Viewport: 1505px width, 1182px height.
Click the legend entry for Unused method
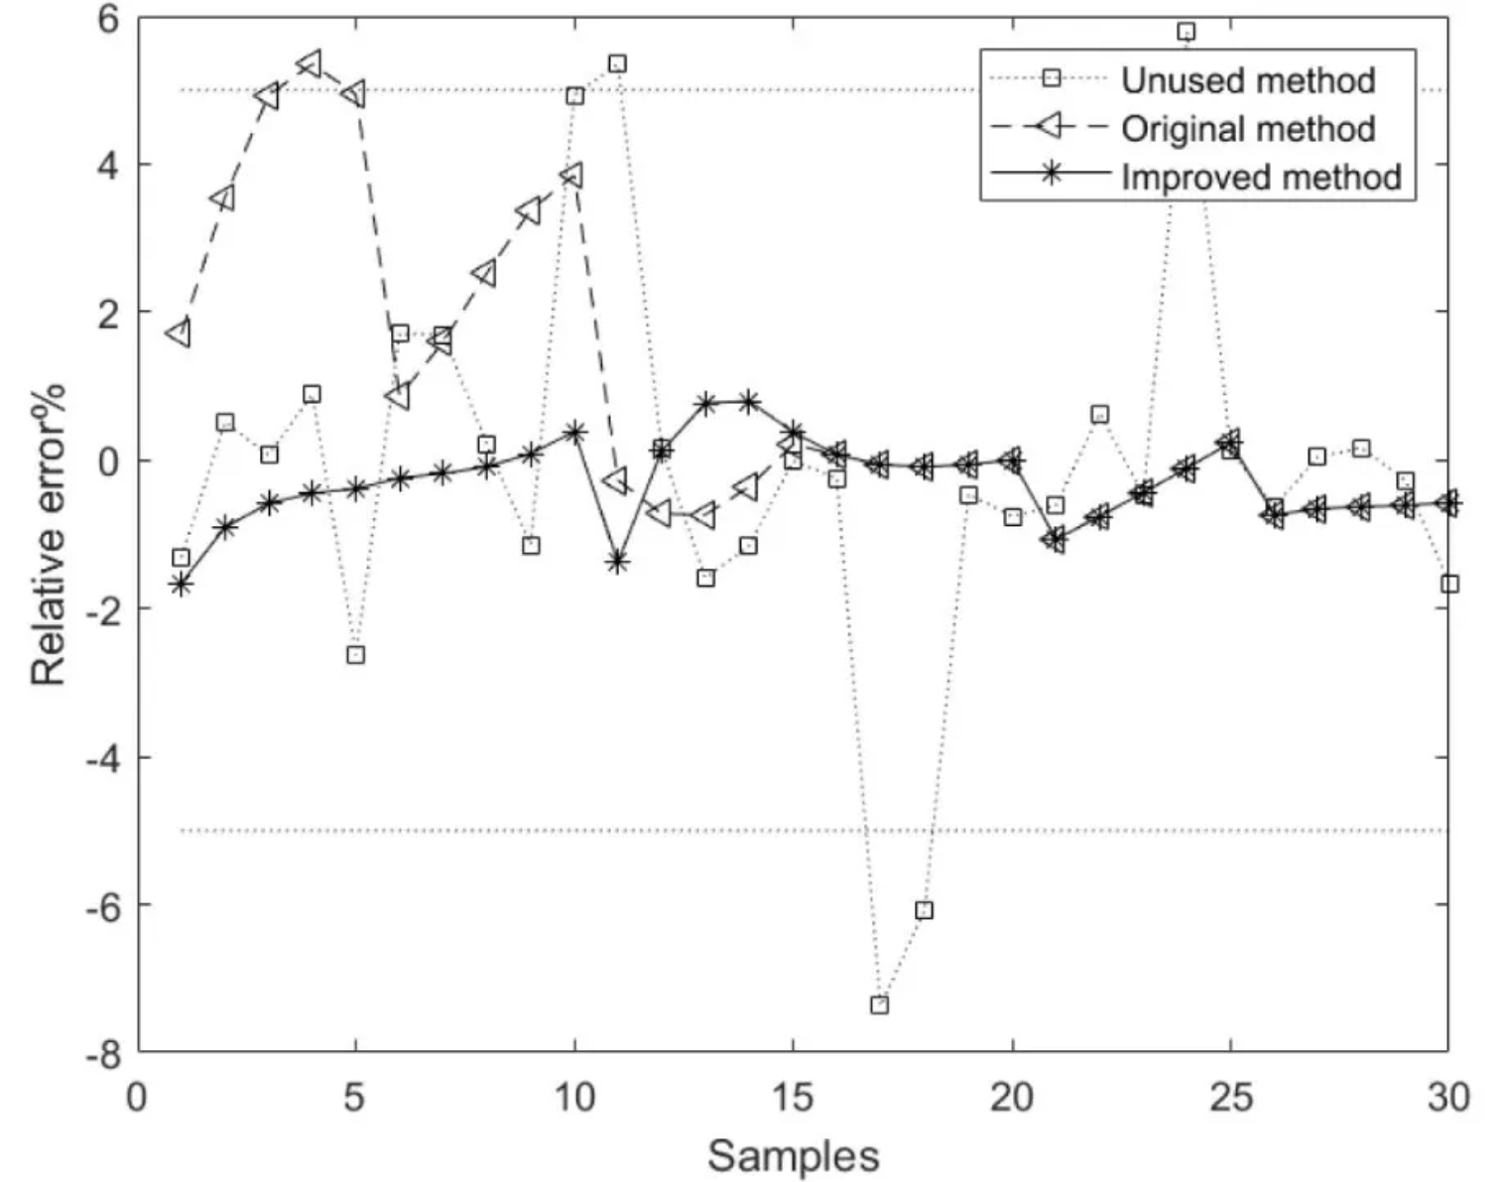[x=1247, y=79]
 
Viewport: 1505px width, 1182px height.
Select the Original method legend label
[x=1247, y=128]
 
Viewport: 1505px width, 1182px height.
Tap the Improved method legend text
[x=1260, y=176]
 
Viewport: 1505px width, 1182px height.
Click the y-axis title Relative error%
[x=48, y=533]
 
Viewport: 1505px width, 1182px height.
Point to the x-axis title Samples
[x=793, y=1156]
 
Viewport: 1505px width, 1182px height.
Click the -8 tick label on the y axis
[x=102, y=1055]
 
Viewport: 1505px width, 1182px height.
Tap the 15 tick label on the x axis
[x=792, y=1098]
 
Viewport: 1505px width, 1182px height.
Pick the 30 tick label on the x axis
[x=1447, y=1098]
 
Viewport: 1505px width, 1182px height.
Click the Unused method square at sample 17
[x=879, y=1004]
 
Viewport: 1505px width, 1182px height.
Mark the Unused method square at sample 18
[x=924, y=910]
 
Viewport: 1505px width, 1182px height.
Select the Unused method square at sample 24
[x=1186, y=32]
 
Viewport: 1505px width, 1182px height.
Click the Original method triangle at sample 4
[x=311, y=65]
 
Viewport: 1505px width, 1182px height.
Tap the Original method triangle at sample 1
[x=180, y=333]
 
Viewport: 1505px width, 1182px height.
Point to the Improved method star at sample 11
[x=617, y=562]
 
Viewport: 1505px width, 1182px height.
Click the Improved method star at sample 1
[x=181, y=585]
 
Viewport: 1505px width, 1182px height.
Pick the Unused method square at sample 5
[x=355, y=655]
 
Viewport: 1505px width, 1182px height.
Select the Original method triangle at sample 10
[x=572, y=176]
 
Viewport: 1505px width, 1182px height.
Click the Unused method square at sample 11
[x=617, y=64]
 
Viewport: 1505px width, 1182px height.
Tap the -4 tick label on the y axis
[x=102, y=759]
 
